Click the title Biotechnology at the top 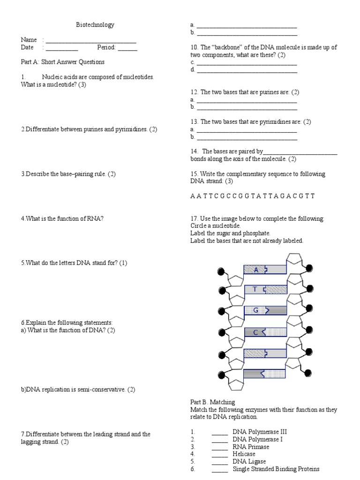point(95,25)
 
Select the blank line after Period point(127,49)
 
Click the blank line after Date point(62,49)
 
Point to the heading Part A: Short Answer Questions point(62,62)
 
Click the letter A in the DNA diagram point(256,270)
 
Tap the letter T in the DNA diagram point(255,289)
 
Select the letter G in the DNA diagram point(256,310)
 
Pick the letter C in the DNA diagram point(256,332)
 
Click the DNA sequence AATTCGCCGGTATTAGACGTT point(252,196)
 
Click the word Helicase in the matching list point(244,454)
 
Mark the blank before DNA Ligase point(219,463)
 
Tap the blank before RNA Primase point(219,448)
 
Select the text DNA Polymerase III point(260,432)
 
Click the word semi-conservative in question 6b point(100,390)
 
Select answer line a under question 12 point(247,101)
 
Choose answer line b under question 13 point(247,138)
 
